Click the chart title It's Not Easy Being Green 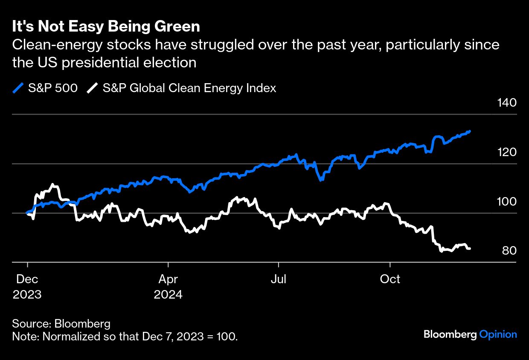coord(106,27)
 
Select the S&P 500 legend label coord(53,88)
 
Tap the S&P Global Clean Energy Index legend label coord(189,88)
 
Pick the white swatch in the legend coord(93,88)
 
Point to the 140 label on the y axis coord(507,103)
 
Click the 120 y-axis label coord(507,152)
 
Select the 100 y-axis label coord(507,201)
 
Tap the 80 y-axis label coord(509,250)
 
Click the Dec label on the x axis coord(27,279)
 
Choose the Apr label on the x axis coord(168,279)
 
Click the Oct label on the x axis coord(390,279)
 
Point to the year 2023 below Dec coord(27,294)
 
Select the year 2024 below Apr coord(168,294)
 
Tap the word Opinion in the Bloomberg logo coord(498,334)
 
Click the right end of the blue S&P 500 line coord(470,131)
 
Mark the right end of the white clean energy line coord(470,248)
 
